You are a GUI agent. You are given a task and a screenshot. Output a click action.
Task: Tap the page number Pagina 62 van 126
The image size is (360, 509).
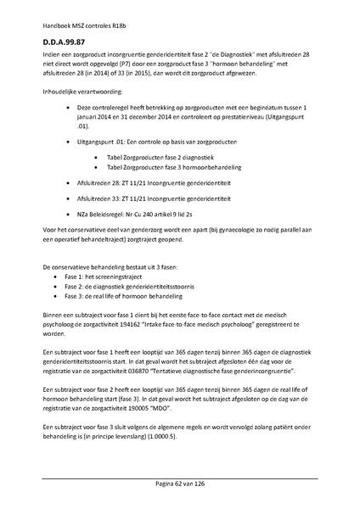[180, 483]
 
